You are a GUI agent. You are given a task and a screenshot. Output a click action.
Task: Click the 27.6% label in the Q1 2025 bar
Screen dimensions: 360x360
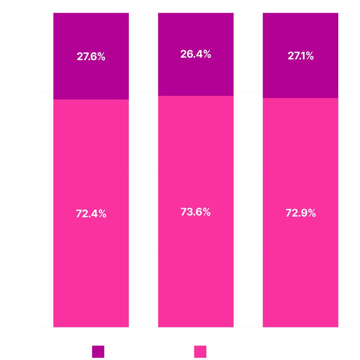point(91,57)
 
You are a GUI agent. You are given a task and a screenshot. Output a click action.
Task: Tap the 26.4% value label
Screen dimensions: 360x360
point(196,54)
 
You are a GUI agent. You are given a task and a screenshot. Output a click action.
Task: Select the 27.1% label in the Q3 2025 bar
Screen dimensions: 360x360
point(301,56)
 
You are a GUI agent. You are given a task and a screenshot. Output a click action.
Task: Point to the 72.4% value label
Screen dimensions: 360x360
point(91,213)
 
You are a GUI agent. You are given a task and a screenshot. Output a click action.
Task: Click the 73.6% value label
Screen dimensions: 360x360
point(196,212)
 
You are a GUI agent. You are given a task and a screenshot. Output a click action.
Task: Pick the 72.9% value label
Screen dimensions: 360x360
point(301,213)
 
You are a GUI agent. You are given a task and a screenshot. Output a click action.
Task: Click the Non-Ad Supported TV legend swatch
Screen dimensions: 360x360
point(98,352)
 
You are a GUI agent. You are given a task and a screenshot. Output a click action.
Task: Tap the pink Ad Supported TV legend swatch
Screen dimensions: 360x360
point(200,352)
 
